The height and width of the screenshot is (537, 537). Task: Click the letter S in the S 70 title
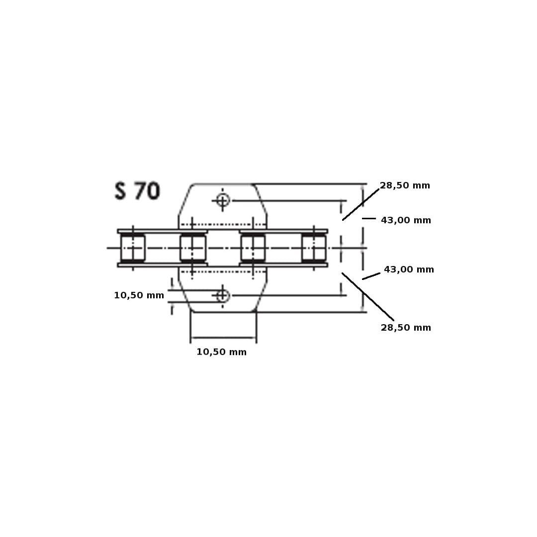[x=120, y=191]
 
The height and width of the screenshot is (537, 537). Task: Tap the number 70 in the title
[x=147, y=191]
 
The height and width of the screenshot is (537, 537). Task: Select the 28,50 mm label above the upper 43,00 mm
[x=405, y=185]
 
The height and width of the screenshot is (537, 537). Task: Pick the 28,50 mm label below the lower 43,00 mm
[x=406, y=328]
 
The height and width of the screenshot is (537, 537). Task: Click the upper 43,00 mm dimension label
[x=406, y=221]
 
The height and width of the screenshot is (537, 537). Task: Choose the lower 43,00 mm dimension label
[x=409, y=270]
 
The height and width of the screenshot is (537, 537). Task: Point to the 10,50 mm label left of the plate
[x=139, y=295]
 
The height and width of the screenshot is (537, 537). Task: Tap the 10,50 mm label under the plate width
[x=222, y=352]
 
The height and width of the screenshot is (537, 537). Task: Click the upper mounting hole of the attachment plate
[x=223, y=200]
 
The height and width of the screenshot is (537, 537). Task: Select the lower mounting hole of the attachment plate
[x=223, y=295]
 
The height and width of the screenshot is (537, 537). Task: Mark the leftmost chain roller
[x=133, y=248]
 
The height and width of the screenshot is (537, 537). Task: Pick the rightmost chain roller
[x=314, y=248]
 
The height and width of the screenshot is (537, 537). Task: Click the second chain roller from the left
[x=193, y=248]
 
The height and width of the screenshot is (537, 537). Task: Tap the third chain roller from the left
[x=253, y=248]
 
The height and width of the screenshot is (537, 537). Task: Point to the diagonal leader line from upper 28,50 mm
[x=360, y=204]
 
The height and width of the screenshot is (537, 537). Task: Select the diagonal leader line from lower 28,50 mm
[x=368, y=296]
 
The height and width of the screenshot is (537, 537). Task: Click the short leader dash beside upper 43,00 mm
[x=369, y=218]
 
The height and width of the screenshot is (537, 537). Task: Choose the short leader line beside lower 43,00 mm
[x=371, y=276]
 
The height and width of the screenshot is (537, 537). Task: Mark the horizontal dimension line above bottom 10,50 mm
[x=223, y=338]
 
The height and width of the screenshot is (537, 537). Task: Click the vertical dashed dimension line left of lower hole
[x=172, y=296]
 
